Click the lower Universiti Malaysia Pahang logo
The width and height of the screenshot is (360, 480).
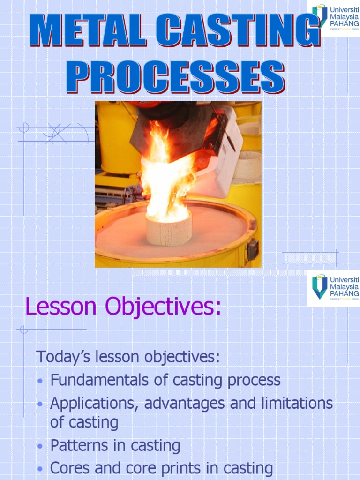334,287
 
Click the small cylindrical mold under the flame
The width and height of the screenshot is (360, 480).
168,229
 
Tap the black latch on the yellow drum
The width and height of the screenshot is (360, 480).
252,249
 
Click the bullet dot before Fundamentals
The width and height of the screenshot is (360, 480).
40,381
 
